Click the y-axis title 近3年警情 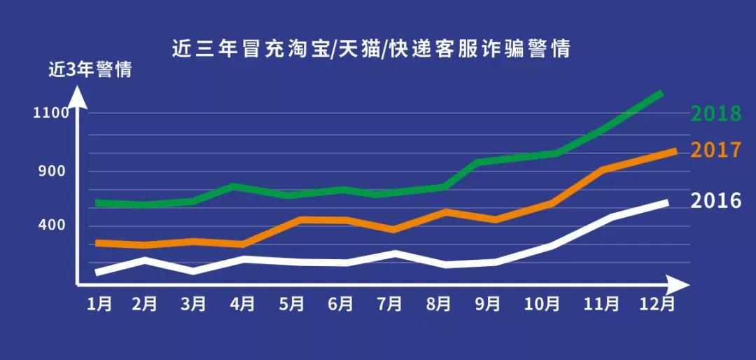tap(90, 71)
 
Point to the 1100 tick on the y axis tap(50, 113)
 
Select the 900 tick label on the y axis tap(50, 171)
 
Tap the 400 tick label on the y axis tap(50, 225)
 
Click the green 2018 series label tap(715, 114)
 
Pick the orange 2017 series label tap(715, 150)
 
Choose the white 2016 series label tap(715, 201)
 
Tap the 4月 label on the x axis tap(242, 304)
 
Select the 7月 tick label tap(389, 304)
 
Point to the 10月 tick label tap(542, 304)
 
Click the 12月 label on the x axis tap(658, 304)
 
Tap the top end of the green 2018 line tap(660, 92)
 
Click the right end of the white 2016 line tap(666, 202)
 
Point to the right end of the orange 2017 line tap(674, 151)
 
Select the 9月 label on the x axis tap(487, 304)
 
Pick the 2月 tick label tap(144, 304)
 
